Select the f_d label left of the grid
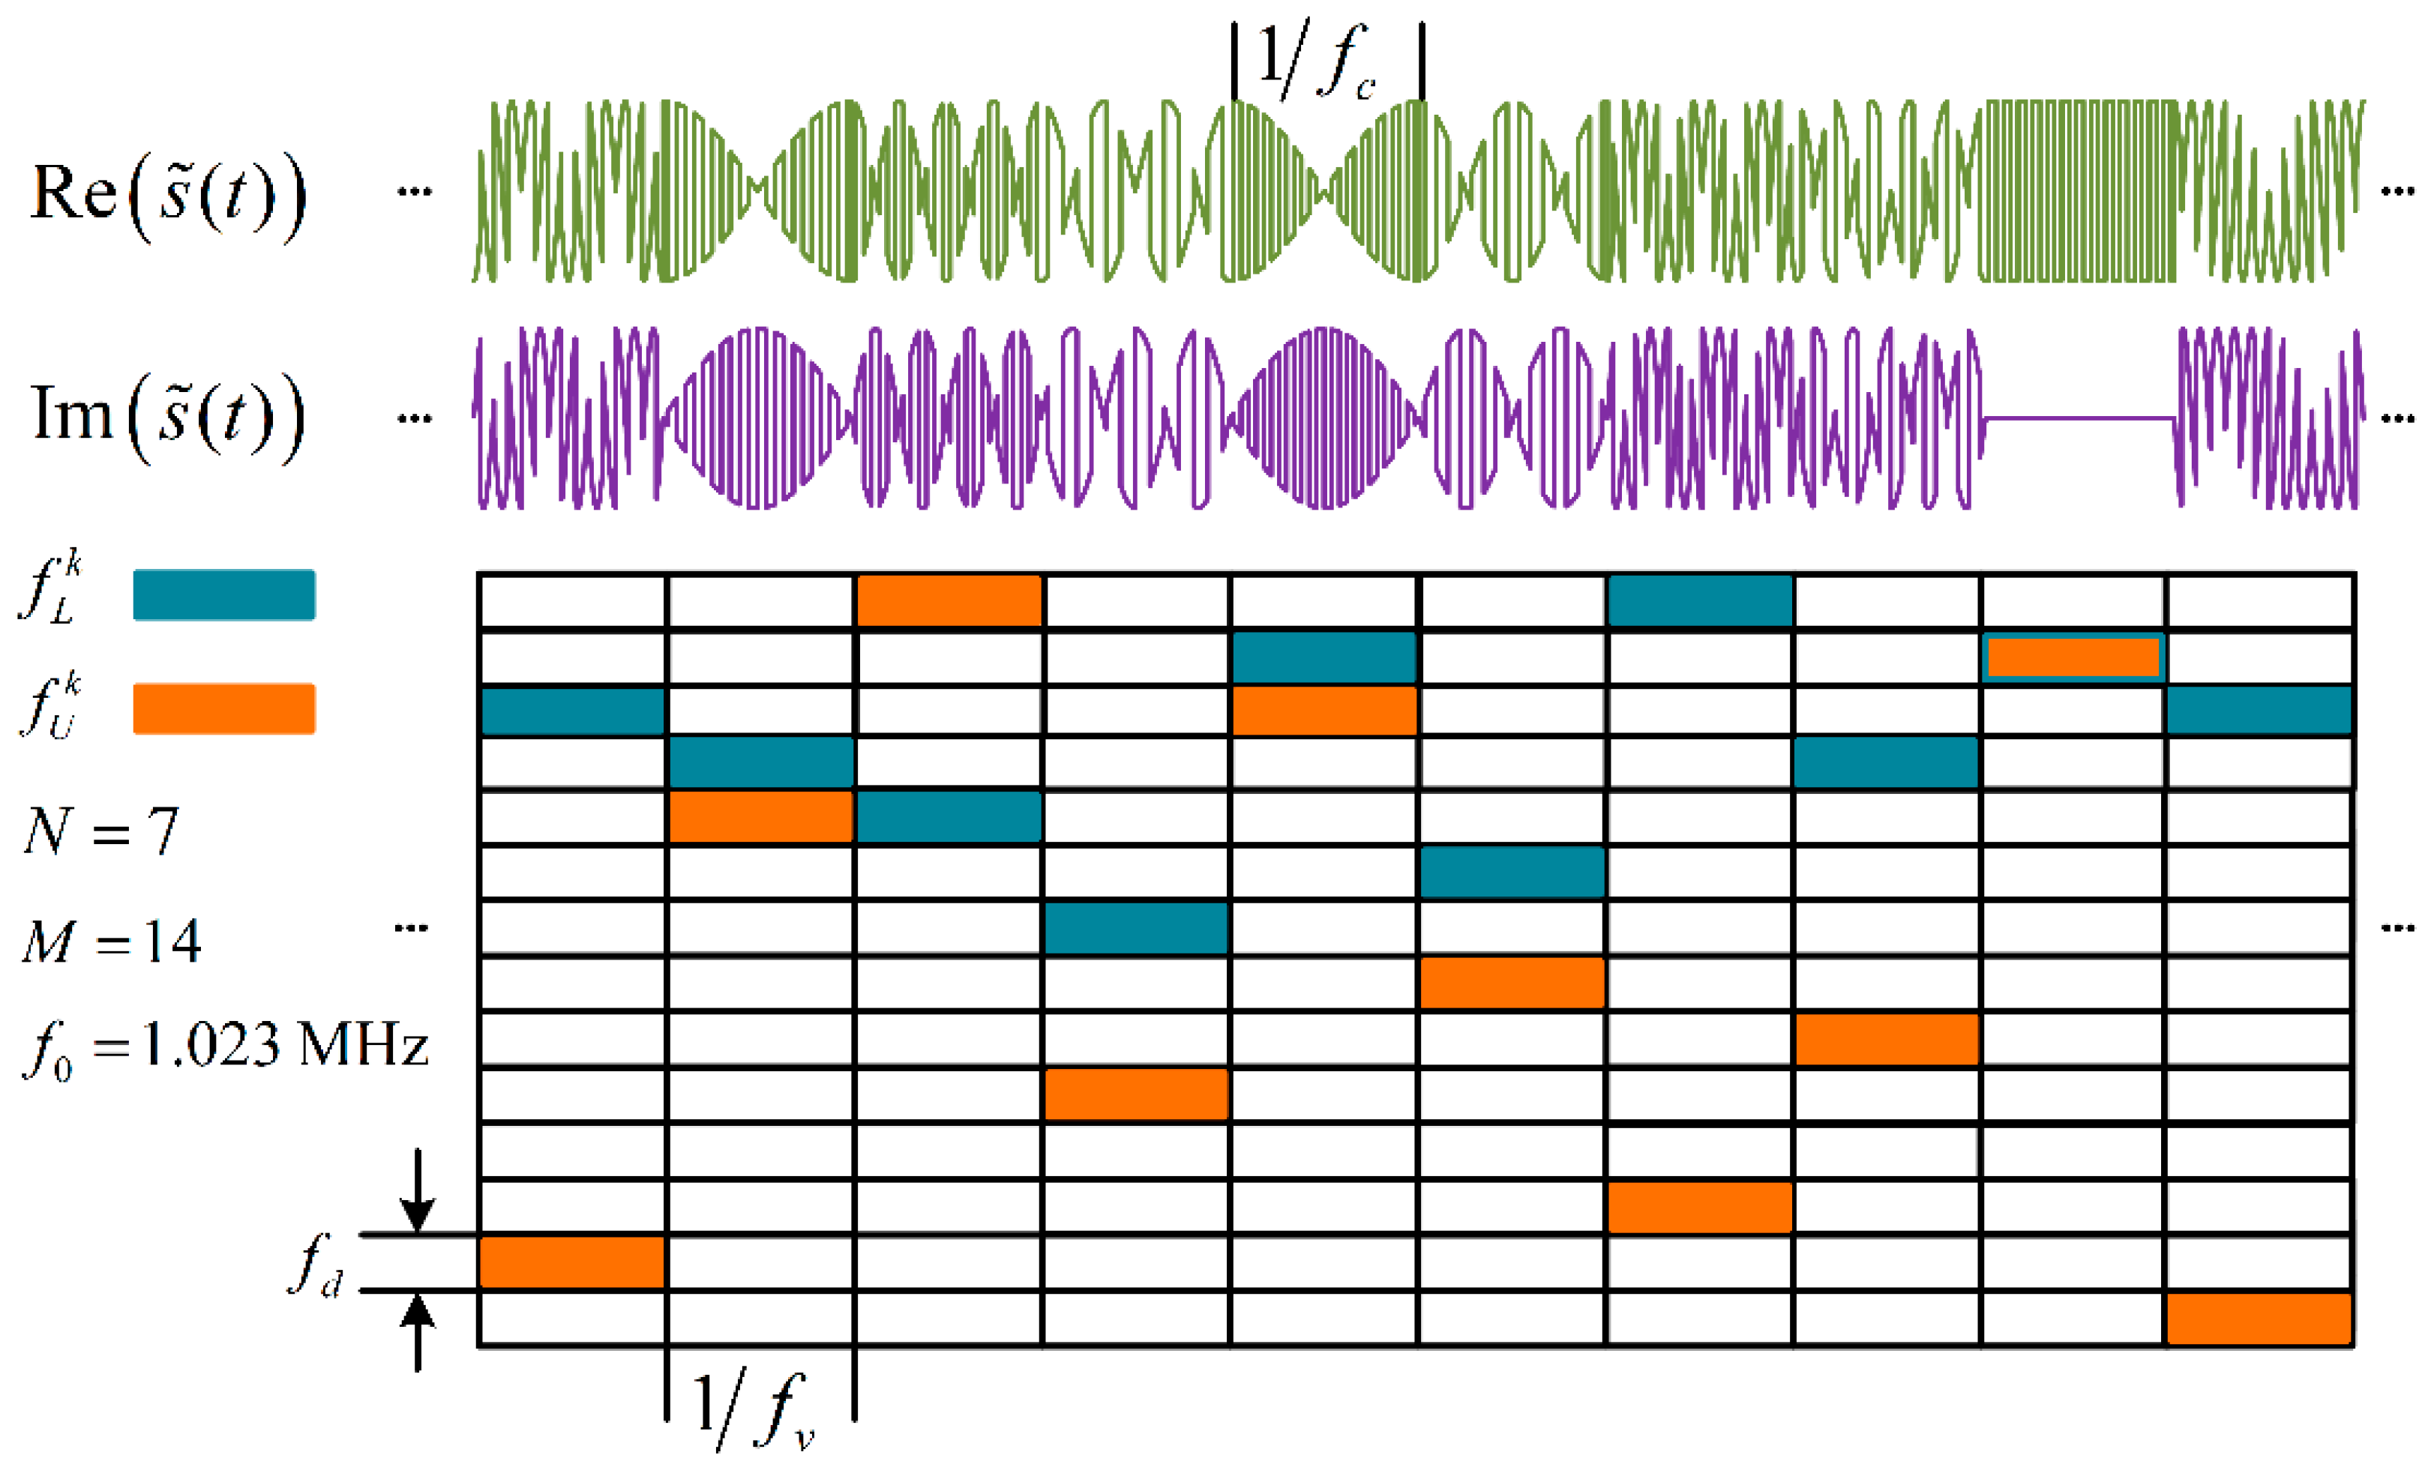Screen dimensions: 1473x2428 (x=316, y=1266)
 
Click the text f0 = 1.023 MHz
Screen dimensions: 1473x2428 (x=226, y=1047)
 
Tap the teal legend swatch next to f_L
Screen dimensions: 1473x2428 (x=223, y=595)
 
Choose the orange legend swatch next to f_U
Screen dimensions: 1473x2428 (x=223, y=708)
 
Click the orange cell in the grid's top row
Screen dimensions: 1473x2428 (x=949, y=600)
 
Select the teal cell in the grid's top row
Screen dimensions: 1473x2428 (x=1700, y=600)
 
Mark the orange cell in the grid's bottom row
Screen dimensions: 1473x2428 (x=2259, y=1319)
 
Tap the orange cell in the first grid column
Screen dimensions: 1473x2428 (x=571, y=1262)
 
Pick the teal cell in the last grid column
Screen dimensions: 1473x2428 (x=2259, y=711)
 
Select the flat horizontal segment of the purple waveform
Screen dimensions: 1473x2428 (x=2078, y=419)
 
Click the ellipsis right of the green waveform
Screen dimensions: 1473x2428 (x=2397, y=191)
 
